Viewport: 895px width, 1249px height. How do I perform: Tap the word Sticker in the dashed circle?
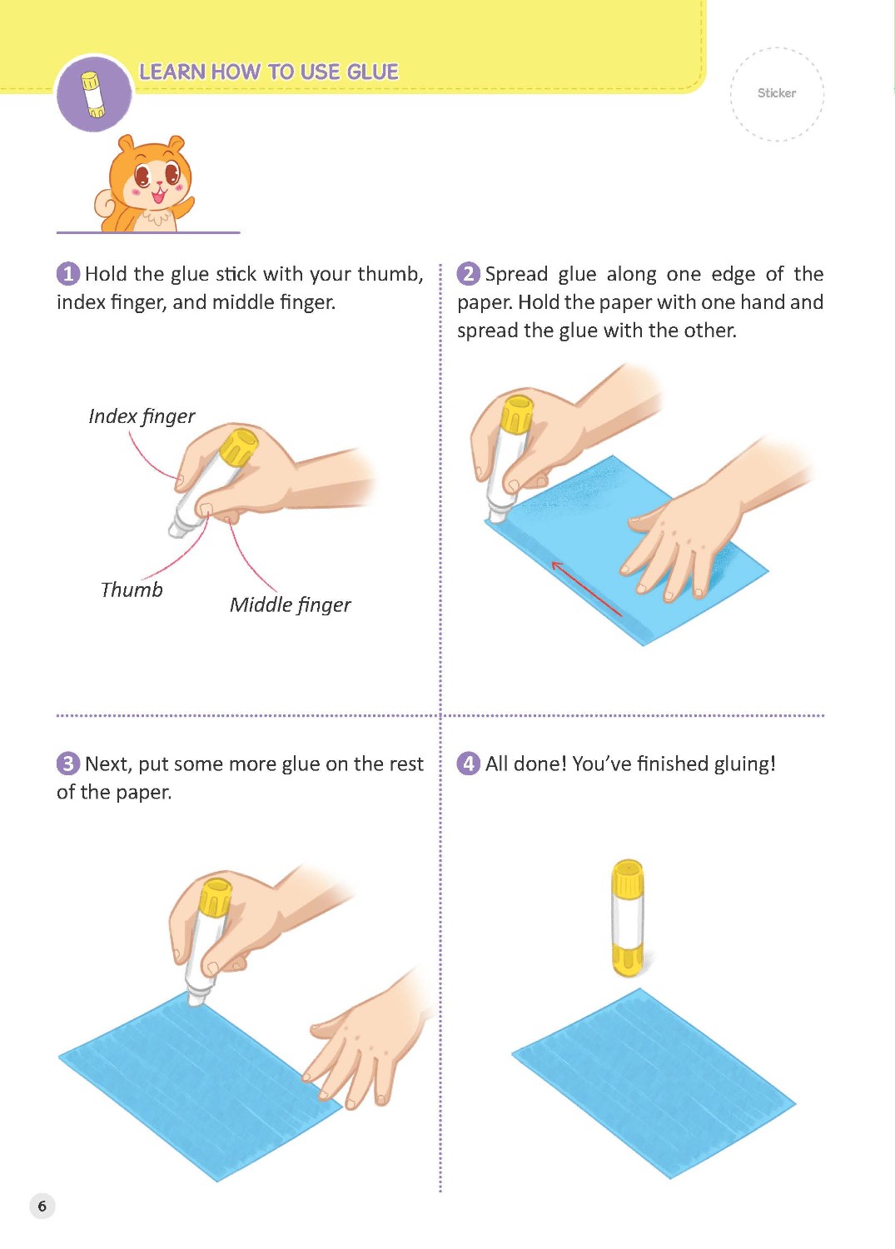(x=776, y=93)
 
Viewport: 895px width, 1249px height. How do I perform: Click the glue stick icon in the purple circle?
(x=93, y=95)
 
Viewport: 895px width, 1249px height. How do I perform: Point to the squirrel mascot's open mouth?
(x=159, y=196)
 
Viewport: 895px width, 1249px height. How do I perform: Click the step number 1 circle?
(x=68, y=274)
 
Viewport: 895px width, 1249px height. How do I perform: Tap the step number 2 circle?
(x=469, y=274)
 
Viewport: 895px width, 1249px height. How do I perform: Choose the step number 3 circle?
(x=68, y=764)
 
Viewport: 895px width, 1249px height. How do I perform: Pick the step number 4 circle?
(x=469, y=764)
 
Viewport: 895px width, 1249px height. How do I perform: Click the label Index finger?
(x=142, y=416)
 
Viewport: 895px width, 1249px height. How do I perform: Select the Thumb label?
(x=132, y=590)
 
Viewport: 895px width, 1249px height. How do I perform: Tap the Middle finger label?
(x=291, y=605)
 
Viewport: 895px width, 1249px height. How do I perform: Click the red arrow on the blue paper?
(x=586, y=589)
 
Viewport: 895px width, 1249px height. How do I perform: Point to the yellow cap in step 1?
(x=240, y=446)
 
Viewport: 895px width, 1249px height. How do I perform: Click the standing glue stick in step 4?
(x=628, y=918)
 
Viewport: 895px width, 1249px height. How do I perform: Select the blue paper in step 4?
(x=654, y=1083)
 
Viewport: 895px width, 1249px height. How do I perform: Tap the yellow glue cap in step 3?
(x=216, y=897)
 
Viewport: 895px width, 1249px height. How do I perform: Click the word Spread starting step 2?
(x=516, y=274)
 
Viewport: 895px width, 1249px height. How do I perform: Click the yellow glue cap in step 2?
(x=517, y=415)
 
